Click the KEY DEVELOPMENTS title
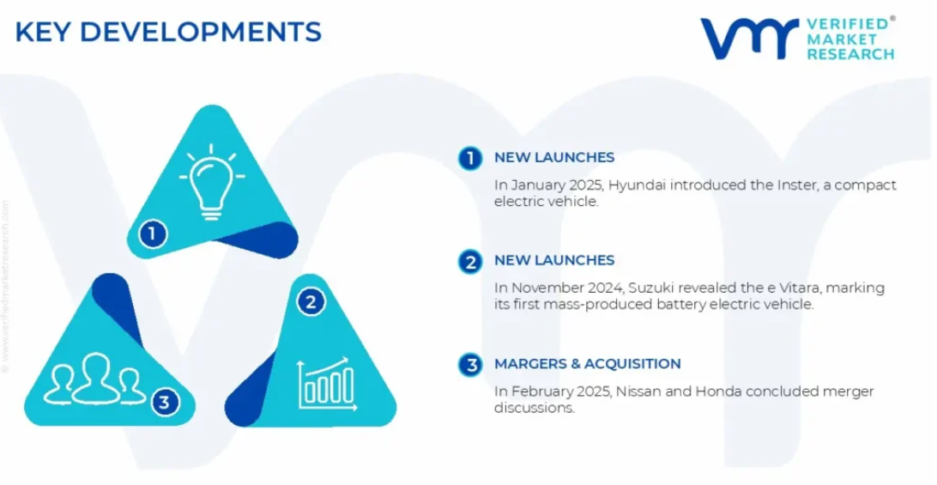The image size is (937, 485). pyautogui.click(x=168, y=32)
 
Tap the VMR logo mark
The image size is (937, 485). pyautogui.click(x=750, y=39)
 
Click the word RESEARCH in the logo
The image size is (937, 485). pyautogui.click(x=850, y=54)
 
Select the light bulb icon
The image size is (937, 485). pyautogui.click(x=212, y=182)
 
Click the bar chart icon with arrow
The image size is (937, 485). pyautogui.click(x=326, y=384)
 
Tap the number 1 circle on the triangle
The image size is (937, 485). pyautogui.click(x=153, y=233)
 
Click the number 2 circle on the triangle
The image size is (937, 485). pyautogui.click(x=311, y=302)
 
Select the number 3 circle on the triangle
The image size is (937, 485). pyautogui.click(x=165, y=402)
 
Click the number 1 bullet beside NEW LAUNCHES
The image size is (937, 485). pyautogui.click(x=471, y=159)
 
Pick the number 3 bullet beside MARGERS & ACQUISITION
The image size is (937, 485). pyautogui.click(x=471, y=365)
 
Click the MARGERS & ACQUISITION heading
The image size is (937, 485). pyautogui.click(x=588, y=364)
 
